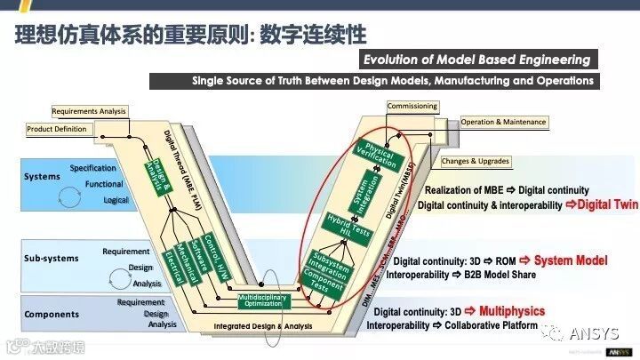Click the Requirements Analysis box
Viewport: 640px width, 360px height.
click(89, 111)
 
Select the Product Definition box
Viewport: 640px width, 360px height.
click(57, 129)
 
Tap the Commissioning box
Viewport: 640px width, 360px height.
click(412, 107)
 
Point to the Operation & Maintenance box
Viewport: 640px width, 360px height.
click(503, 122)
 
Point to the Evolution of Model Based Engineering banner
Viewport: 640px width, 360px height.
click(476, 60)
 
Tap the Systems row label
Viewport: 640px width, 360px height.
click(42, 177)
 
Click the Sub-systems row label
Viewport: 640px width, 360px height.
click(51, 259)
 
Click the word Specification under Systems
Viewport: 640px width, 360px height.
click(93, 168)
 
